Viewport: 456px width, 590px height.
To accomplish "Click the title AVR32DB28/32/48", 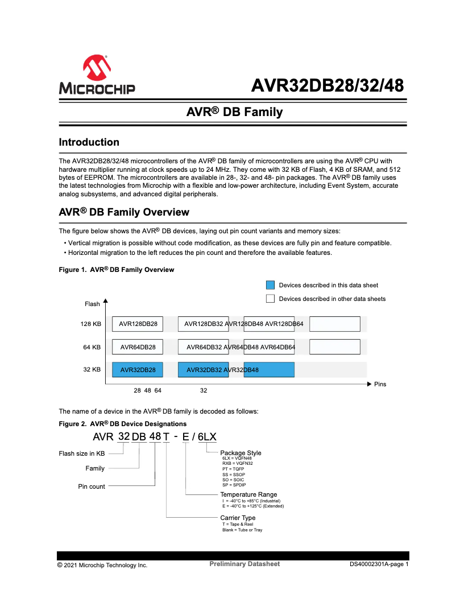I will point(328,85).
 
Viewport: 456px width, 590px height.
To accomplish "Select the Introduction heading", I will point(89,142).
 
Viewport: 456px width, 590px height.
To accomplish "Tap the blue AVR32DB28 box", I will point(138,370).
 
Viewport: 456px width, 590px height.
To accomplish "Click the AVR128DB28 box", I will point(138,324).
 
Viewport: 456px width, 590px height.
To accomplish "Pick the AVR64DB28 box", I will point(138,347).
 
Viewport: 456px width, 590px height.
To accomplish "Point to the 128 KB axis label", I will point(91,324).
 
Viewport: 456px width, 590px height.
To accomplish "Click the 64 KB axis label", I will point(92,347).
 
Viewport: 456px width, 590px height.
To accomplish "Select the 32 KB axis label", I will point(92,369).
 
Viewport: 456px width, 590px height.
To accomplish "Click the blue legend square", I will point(270,285).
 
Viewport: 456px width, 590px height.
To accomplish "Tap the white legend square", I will point(270,299).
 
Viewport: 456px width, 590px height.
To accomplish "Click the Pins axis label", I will point(380,385).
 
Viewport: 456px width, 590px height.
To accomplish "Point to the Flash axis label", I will point(92,304).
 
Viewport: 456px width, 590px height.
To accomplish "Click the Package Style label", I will point(241,453).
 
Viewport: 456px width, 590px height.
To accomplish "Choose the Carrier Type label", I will point(238,518).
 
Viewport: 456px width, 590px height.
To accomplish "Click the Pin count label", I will point(92,486).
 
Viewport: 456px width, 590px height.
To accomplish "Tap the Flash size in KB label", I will point(82,453).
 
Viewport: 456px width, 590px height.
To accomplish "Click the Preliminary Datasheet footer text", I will point(244,564).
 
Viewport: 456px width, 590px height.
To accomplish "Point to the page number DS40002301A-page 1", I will point(379,565).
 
